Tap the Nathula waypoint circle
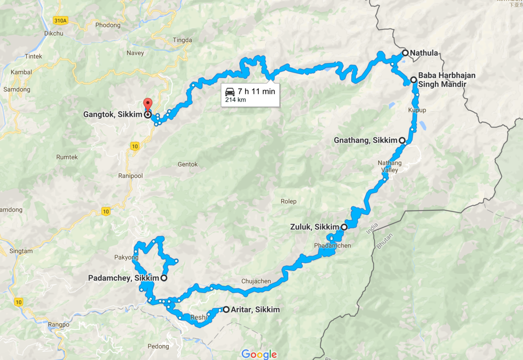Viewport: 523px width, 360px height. pyautogui.click(x=405, y=53)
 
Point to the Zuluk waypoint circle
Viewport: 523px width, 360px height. pyautogui.click(x=344, y=227)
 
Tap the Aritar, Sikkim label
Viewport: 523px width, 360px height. pyautogui.click(x=255, y=310)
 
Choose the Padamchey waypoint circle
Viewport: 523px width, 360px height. pyautogui.click(x=164, y=278)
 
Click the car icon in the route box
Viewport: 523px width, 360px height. pyautogui.click(x=230, y=91)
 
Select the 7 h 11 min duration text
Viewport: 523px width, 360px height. pyautogui.click(x=256, y=91)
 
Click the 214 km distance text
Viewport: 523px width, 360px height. pyautogui.click(x=235, y=100)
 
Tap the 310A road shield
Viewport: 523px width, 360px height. pyautogui.click(x=61, y=20)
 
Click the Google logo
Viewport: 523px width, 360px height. pyautogui.click(x=259, y=354)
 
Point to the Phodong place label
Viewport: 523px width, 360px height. pyautogui.click(x=108, y=25)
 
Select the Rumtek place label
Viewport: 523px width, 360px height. pyautogui.click(x=67, y=157)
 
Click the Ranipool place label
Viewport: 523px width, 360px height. pyautogui.click(x=131, y=176)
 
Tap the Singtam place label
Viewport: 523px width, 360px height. pyautogui.click(x=20, y=251)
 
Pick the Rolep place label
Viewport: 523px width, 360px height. pyautogui.click(x=288, y=201)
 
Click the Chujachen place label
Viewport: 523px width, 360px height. pyautogui.click(x=256, y=282)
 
